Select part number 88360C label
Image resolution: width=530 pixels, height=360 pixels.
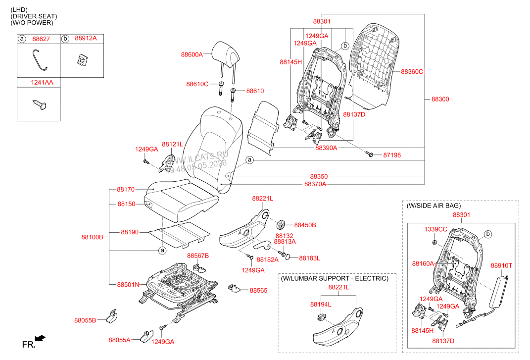tap(412, 72)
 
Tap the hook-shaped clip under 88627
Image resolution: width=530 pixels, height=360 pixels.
tap(40, 60)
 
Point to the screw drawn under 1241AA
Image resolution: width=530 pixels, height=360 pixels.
tap(40, 104)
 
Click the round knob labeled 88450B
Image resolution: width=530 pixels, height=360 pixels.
tap(281, 224)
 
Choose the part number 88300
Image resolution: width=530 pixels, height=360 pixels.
tap(440, 99)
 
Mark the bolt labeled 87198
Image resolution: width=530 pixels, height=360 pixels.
tap(369, 154)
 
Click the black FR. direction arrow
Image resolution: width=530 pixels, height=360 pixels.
tap(40, 338)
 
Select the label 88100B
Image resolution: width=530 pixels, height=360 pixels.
tap(92, 237)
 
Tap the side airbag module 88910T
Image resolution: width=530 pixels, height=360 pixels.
tap(498, 292)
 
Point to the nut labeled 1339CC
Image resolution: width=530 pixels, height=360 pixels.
tap(434, 242)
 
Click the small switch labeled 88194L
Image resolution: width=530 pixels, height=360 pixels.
tap(321, 317)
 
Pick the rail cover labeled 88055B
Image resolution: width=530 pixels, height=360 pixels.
tap(112, 316)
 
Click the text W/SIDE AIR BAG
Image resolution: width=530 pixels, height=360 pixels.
tap(434, 206)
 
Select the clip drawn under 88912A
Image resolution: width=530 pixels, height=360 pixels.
tap(82, 60)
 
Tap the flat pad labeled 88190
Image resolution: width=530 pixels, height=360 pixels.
tap(180, 234)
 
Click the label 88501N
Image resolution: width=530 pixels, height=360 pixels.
tap(128, 285)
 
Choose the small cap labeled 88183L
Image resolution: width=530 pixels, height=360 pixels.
tap(288, 257)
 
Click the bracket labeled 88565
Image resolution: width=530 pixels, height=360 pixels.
tap(234, 288)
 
